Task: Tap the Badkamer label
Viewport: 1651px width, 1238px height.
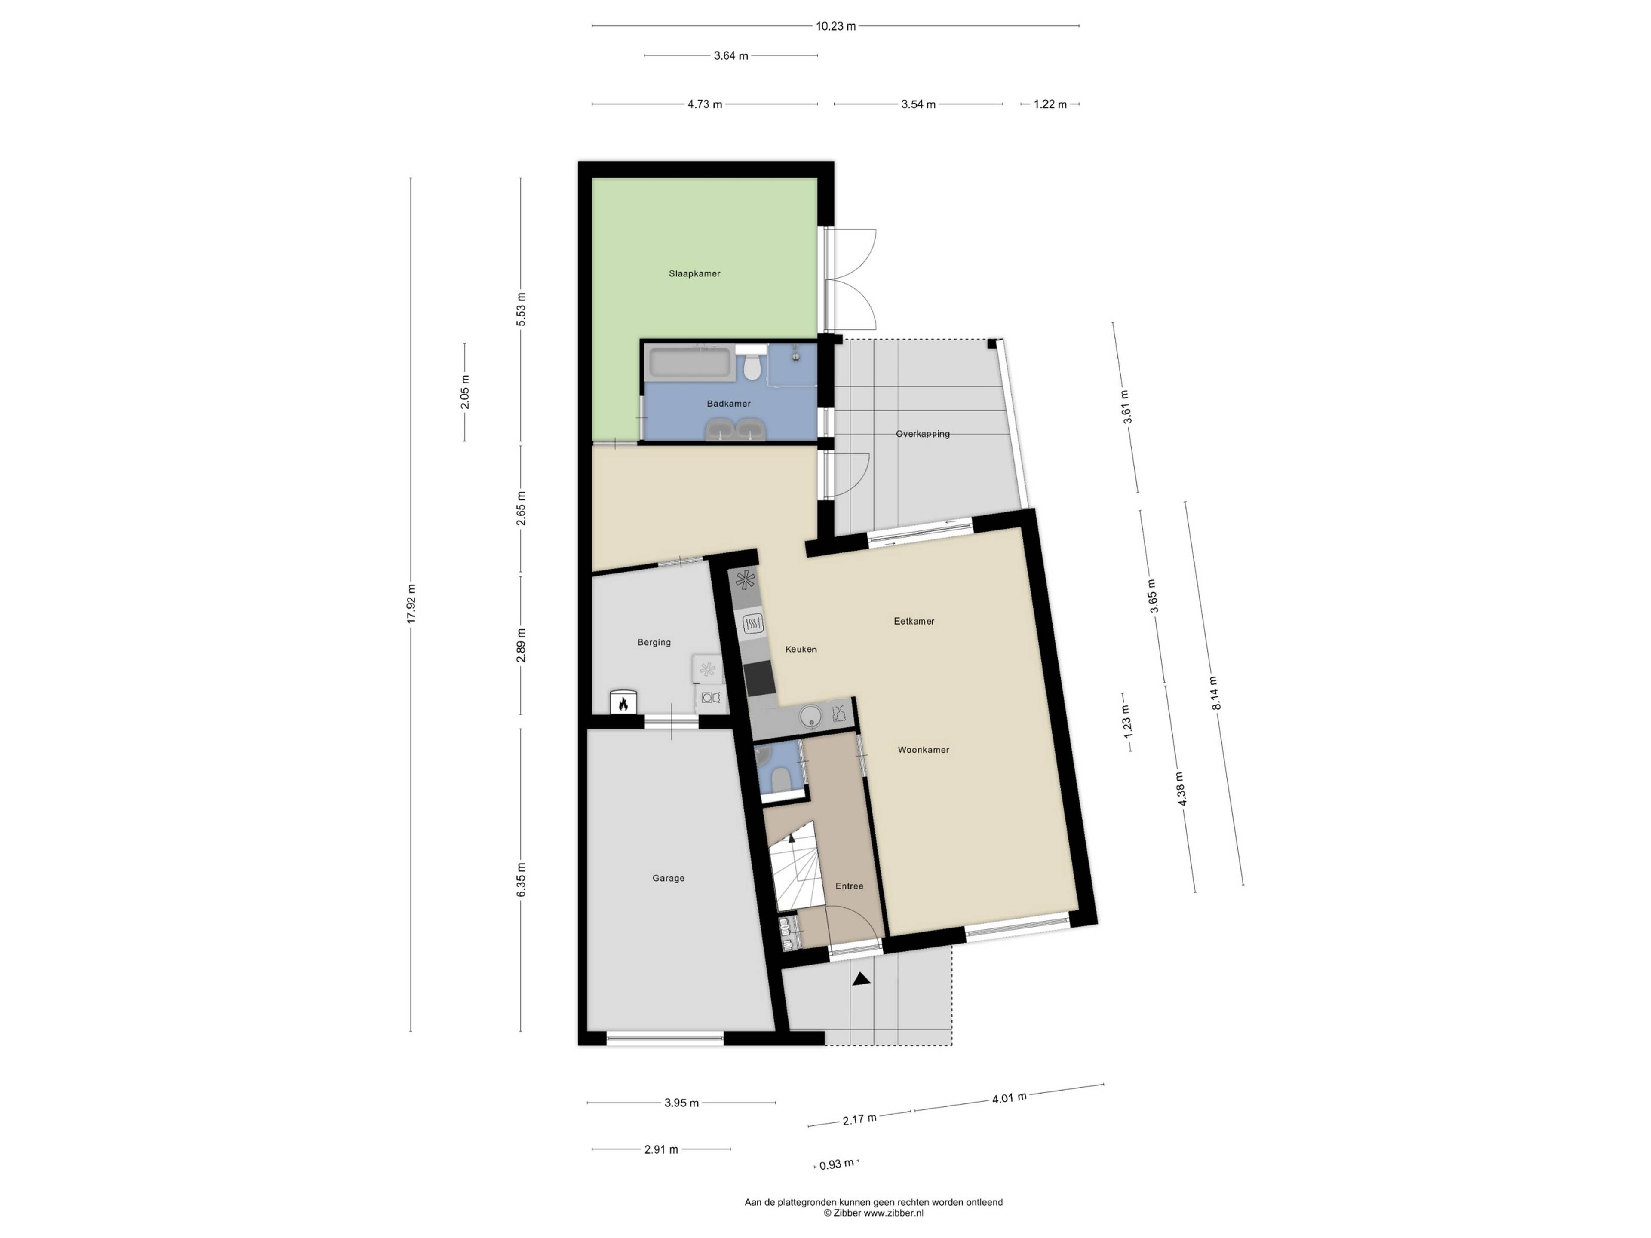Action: (x=728, y=404)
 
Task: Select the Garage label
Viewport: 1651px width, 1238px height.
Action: (x=668, y=878)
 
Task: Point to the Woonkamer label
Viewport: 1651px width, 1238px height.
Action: (x=923, y=750)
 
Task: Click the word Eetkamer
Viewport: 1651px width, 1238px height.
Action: (x=914, y=621)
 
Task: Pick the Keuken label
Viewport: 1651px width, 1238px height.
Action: (x=801, y=649)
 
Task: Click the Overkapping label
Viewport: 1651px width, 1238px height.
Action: (x=923, y=434)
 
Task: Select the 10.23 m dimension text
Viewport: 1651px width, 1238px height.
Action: (x=835, y=26)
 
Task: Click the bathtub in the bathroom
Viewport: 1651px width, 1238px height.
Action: (x=690, y=363)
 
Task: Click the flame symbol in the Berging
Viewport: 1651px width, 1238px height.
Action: (x=623, y=702)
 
